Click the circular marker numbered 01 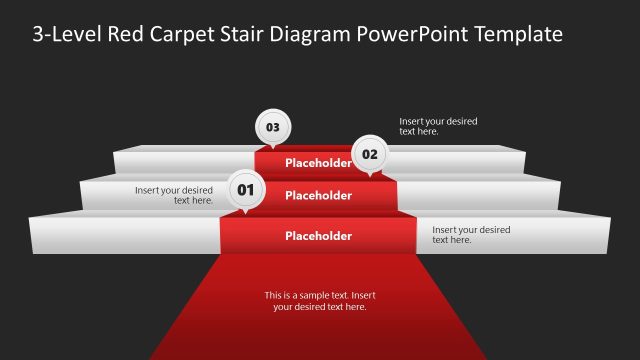tap(246, 189)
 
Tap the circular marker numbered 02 tap(370, 154)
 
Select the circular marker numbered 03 tap(272, 127)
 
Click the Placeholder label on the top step tap(318, 163)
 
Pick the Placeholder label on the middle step tap(318, 196)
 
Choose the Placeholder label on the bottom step tap(318, 237)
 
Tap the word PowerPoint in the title tap(405, 35)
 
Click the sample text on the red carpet tap(320, 301)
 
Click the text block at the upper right tap(438, 126)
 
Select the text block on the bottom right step tap(471, 235)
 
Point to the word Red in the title tap(124, 35)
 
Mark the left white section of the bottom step tap(125, 236)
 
